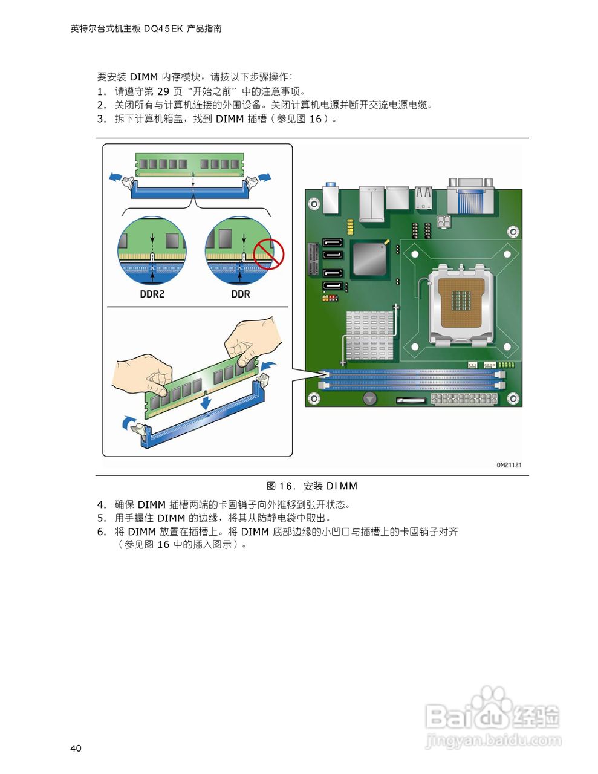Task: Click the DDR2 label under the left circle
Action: pyautogui.click(x=152, y=294)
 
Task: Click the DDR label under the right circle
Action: pyautogui.click(x=241, y=294)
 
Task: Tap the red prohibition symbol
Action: pyautogui.click(x=268, y=253)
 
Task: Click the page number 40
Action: pyautogui.click(x=76, y=749)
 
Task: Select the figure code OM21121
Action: pyautogui.click(x=509, y=465)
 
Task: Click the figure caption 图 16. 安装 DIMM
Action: pyautogui.click(x=312, y=486)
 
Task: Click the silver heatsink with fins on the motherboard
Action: pyautogui.click(x=369, y=335)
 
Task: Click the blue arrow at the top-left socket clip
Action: pyautogui.click(x=114, y=177)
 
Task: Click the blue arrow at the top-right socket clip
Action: pyautogui.click(x=264, y=177)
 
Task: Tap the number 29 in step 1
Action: pyautogui.click(x=163, y=91)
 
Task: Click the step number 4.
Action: pyautogui.click(x=101, y=505)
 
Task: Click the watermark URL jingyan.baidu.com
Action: pyautogui.click(x=493, y=740)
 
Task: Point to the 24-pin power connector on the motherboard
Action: pyautogui.click(x=464, y=399)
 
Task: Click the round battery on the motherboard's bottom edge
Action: pyautogui.click(x=369, y=398)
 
